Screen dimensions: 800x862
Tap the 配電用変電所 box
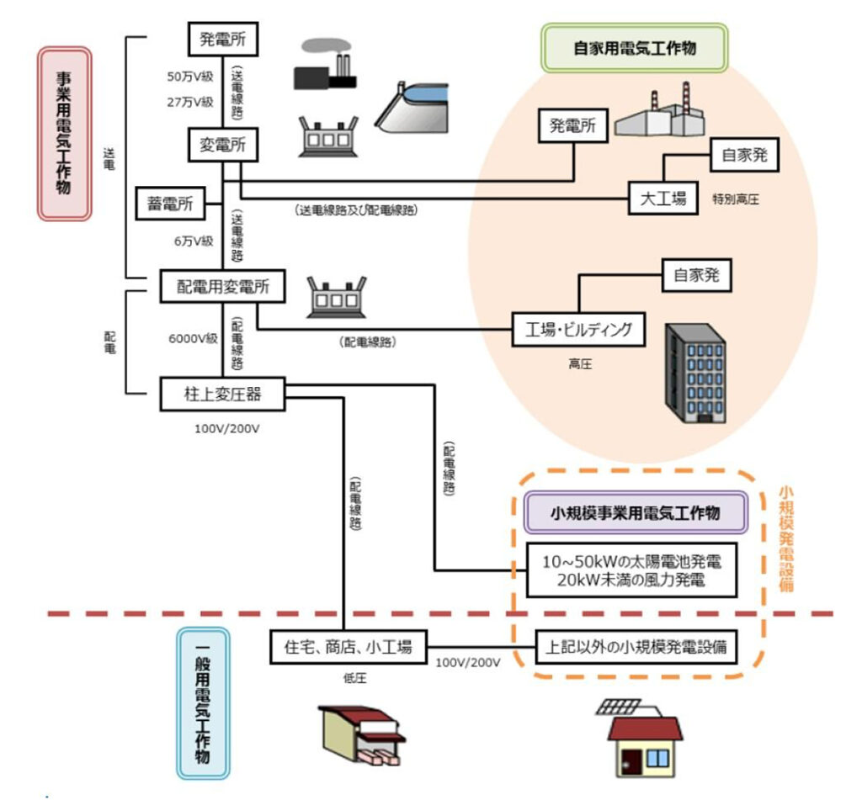[222, 287]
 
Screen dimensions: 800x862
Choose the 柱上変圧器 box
[222, 393]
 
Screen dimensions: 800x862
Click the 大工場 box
[663, 198]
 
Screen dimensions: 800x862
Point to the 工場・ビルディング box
[579, 329]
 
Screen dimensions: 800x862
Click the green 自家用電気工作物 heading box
[635, 48]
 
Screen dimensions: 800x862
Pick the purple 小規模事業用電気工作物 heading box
[635, 512]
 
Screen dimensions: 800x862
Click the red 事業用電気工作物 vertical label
[64, 133]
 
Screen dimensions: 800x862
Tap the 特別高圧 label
[736, 200]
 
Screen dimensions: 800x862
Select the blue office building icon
[694, 373]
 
